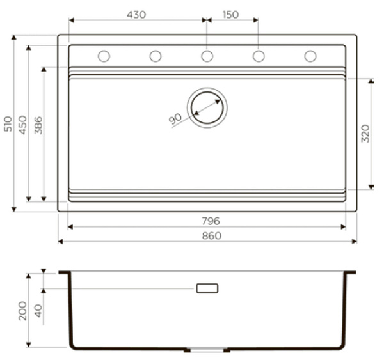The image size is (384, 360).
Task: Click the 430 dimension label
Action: click(136, 14)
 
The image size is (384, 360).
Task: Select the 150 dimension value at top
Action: click(230, 14)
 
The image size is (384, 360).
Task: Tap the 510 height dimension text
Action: click(8, 123)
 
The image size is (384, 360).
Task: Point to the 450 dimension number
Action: click(22, 123)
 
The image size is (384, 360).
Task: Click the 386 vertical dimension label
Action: click(37, 123)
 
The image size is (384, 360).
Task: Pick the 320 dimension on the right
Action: click(365, 133)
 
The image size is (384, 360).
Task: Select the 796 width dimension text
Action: click(211, 221)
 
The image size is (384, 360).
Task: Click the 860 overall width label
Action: click(211, 235)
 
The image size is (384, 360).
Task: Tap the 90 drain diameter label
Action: click(175, 120)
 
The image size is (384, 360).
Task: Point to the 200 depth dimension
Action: click(22, 311)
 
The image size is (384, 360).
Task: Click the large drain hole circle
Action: click(207, 106)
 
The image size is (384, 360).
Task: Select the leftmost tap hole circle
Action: click(104, 56)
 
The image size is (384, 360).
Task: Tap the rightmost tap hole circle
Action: click(310, 56)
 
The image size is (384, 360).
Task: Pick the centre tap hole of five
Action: click(207, 56)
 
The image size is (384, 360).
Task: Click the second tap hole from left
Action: click(156, 56)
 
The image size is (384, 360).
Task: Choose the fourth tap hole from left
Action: click(259, 56)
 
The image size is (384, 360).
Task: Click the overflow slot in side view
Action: click(207, 288)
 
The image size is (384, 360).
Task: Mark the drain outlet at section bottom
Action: click(207, 350)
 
